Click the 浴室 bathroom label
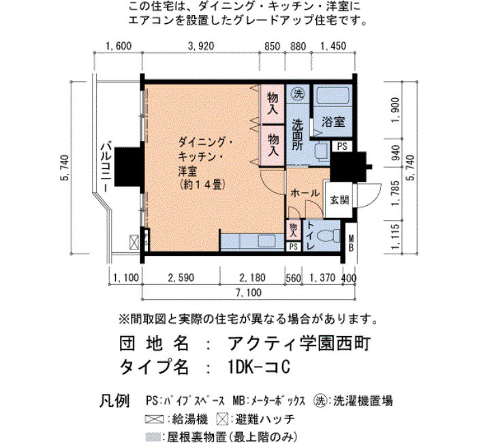tap(333, 122)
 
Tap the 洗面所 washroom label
tap(298, 134)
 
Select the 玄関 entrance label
tap(339, 200)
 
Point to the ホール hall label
tap(305, 193)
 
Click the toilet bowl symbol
tap(328, 236)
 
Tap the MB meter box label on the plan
tap(351, 243)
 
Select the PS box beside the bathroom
tap(342, 147)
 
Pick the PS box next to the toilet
tap(294, 247)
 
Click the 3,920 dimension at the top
tap(201, 46)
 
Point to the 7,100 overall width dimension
tap(249, 292)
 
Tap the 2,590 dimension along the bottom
tap(181, 277)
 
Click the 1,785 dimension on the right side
tap(395, 193)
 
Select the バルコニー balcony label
tap(106, 167)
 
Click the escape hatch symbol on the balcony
tap(134, 242)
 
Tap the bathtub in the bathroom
tap(333, 96)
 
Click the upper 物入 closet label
tap(273, 104)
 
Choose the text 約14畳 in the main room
tap(202, 185)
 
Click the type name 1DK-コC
tap(258, 367)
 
